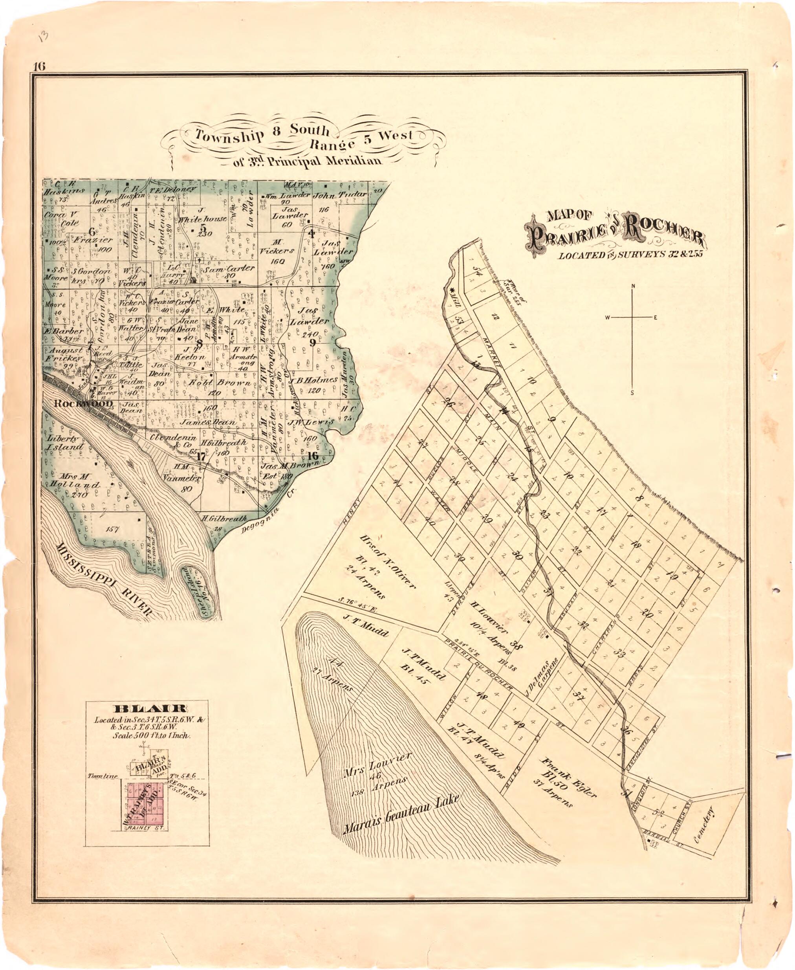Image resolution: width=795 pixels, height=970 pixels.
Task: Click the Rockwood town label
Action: [83, 403]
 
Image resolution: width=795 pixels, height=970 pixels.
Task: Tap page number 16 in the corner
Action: [38, 66]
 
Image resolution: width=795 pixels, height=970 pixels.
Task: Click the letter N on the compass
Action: [633, 287]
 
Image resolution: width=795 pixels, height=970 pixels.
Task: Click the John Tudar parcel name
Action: [340, 195]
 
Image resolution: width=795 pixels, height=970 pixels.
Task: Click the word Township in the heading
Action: [225, 136]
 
